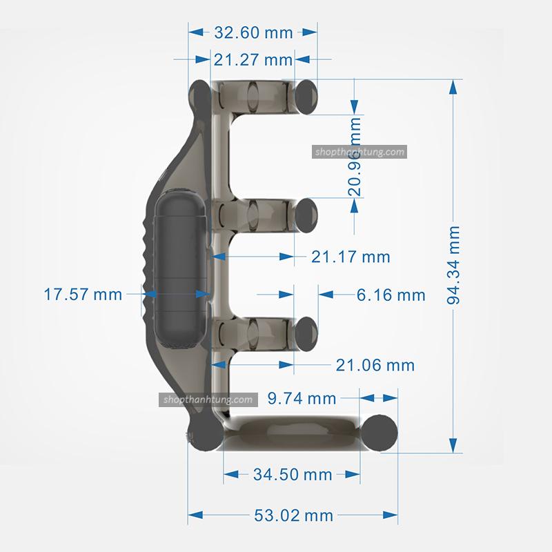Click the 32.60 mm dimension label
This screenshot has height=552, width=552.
253,32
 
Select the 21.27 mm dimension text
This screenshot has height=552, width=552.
253,60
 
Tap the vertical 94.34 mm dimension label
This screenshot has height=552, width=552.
453,266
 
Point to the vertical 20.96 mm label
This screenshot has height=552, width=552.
355,157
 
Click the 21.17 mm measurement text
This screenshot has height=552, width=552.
351,257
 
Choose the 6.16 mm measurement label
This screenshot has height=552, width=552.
391,295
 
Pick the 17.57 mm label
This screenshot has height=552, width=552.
83,295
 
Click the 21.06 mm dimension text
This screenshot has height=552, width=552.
375,366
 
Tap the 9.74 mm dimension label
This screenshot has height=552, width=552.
302,399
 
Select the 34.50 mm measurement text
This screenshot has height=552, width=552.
293,475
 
